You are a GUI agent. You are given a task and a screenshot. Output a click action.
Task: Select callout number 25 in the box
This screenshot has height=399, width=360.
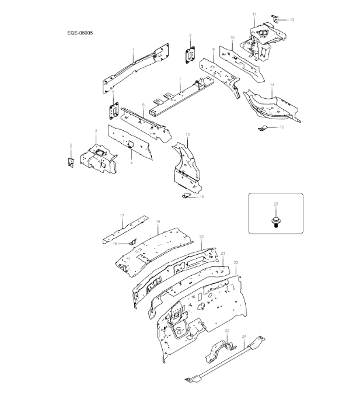(x=276, y=203)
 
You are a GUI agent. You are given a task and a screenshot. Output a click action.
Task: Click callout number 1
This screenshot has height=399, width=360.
(x=133, y=50)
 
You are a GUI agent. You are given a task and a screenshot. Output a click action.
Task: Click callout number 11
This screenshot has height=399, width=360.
(x=254, y=13)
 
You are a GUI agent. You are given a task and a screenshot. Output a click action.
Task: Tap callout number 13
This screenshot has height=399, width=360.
(x=187, y=135)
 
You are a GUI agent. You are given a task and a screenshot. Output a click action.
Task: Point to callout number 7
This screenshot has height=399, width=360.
(x=180, y=79)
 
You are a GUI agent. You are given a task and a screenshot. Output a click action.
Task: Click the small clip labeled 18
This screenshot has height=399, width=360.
(x=131, y=241)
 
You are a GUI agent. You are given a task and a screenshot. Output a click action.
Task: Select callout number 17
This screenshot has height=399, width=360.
(x=122, y=216)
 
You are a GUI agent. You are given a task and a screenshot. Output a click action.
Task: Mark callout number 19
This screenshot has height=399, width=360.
(x=158, y=222)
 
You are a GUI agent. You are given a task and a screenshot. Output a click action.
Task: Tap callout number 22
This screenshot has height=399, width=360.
(x=236, y=263)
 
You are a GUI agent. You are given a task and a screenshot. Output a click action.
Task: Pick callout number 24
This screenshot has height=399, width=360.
(x=244, y=336)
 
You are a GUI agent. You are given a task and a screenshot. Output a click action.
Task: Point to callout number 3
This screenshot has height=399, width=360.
(x=96, y=131)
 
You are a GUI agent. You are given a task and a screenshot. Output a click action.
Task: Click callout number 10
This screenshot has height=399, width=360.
(x=232, y=37)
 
